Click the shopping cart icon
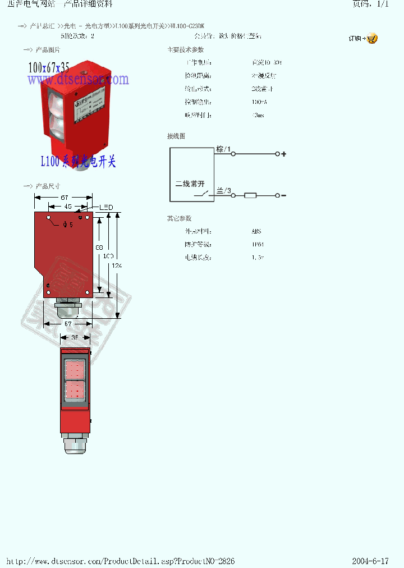point(372,39)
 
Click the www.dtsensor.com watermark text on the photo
point(78,80)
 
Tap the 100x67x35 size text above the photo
point(49,68)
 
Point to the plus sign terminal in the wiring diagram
point(283,154)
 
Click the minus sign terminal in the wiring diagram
point(283,195)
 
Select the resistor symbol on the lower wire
point(250,195)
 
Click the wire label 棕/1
point(223,149)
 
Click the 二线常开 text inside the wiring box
point(190,184)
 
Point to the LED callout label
point(107,208)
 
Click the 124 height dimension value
point(117,265)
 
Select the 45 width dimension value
point(68,207)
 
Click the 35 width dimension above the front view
point(75,337)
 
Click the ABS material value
point(256,231)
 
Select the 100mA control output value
point(260,102)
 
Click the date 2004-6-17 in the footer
point(370,561)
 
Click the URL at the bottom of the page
point(120,561)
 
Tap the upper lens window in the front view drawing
point(75,369)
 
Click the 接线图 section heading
point(176,136)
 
